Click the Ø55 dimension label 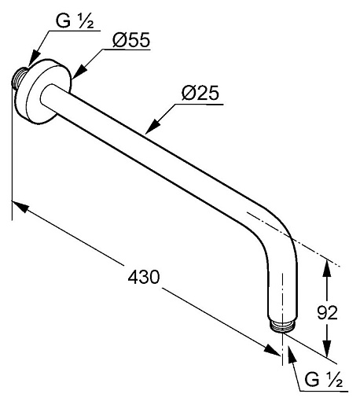131,40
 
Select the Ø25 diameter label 200,93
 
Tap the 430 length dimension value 144,277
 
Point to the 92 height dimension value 327,312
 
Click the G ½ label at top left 75,20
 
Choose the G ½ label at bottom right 323,379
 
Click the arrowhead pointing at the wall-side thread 34,60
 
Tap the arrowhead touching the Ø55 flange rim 79,71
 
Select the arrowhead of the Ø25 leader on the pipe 152,127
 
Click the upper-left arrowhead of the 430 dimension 20,206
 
